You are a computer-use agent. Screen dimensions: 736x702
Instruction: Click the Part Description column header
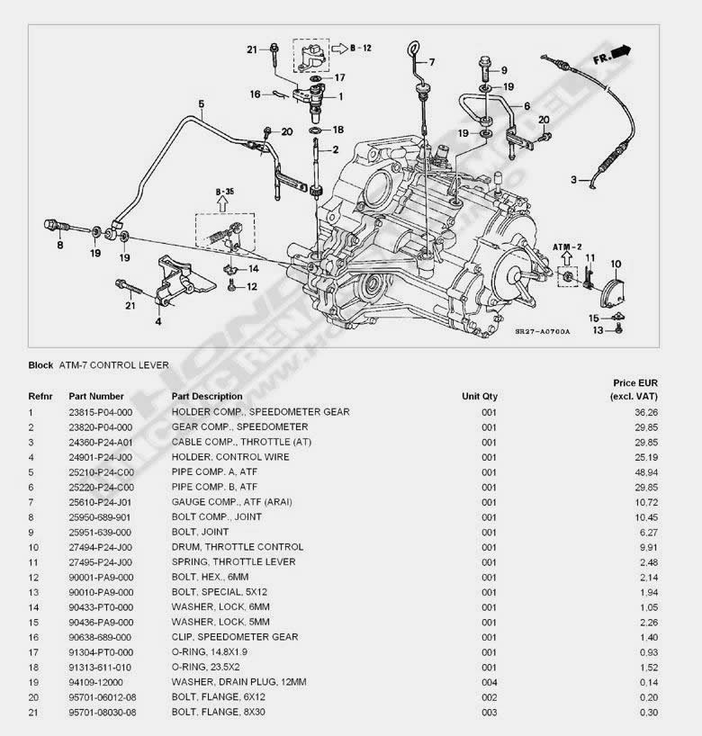206,396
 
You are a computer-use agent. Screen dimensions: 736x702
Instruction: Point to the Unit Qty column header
479,396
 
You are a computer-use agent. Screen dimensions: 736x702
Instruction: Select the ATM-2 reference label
568,245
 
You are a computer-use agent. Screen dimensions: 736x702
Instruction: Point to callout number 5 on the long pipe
201,103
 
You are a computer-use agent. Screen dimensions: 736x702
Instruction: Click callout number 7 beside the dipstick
431,62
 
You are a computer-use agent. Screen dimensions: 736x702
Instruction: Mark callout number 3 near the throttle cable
572,180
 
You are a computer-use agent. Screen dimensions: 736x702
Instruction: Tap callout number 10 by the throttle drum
616,264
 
